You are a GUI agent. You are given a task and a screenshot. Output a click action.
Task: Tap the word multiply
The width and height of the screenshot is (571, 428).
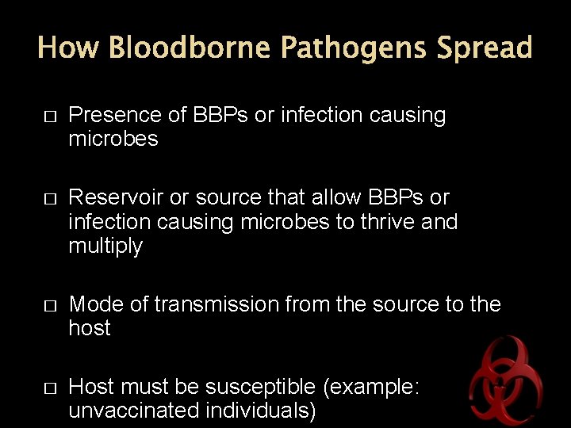(x=105, y=247)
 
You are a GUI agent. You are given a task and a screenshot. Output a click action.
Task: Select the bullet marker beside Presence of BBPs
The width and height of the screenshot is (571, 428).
(x=49, y=117)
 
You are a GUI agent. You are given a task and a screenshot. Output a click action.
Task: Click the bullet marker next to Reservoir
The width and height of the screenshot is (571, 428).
(x=49, y=198)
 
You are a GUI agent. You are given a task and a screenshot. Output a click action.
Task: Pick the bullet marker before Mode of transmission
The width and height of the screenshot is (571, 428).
(x=49, y=305)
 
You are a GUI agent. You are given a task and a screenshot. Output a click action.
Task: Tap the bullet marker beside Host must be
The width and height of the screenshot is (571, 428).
(x=49, y=388)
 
